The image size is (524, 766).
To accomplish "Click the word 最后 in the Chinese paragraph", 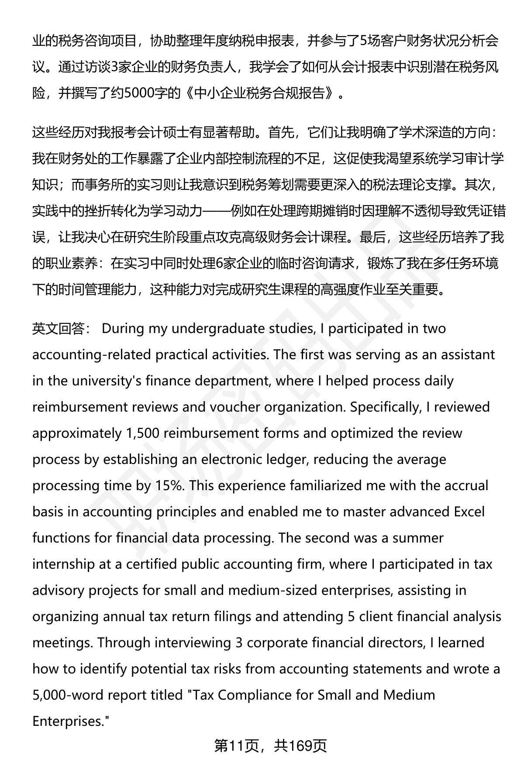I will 372,237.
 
